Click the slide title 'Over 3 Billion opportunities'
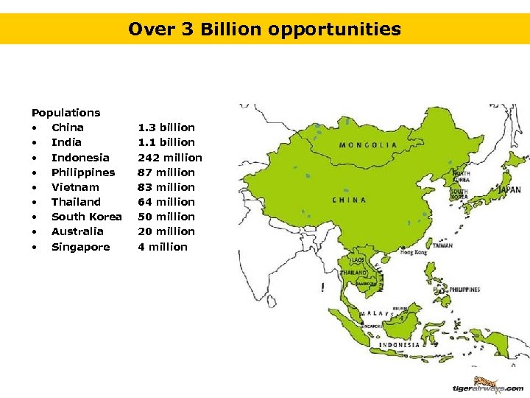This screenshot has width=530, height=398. tap(264, 29)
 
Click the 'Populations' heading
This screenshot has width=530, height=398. tap(66, 113)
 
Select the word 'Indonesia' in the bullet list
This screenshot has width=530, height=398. tap(80, 158)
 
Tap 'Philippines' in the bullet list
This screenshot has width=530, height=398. tap(83, 172)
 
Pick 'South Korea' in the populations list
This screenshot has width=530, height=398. tap(86, 217)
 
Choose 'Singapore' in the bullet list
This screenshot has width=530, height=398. tap(80, 247)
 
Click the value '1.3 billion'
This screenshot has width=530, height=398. tap(166, 128)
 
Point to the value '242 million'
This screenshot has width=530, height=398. tap(170, 158)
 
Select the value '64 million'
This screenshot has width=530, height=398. tap(166, 202)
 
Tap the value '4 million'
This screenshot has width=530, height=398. tap(163, 247)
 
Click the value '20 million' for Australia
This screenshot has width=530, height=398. tap(166, 231)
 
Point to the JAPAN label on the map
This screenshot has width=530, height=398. tap(509, 189)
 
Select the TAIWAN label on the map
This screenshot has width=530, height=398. tap(442, 245)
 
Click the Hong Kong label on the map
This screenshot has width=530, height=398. tap(413, 253)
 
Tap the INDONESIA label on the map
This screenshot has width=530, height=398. tap(400, 345)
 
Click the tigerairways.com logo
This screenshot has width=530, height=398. tap(487, 386)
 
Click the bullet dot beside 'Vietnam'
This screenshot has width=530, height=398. tap(34, 187)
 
